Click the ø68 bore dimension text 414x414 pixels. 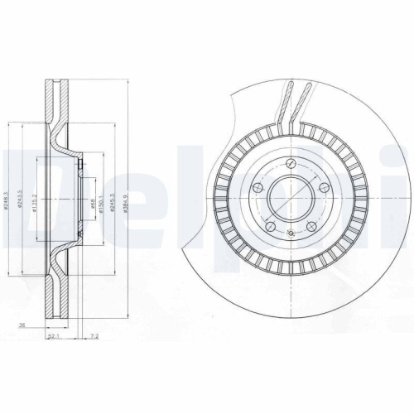(93, 205)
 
